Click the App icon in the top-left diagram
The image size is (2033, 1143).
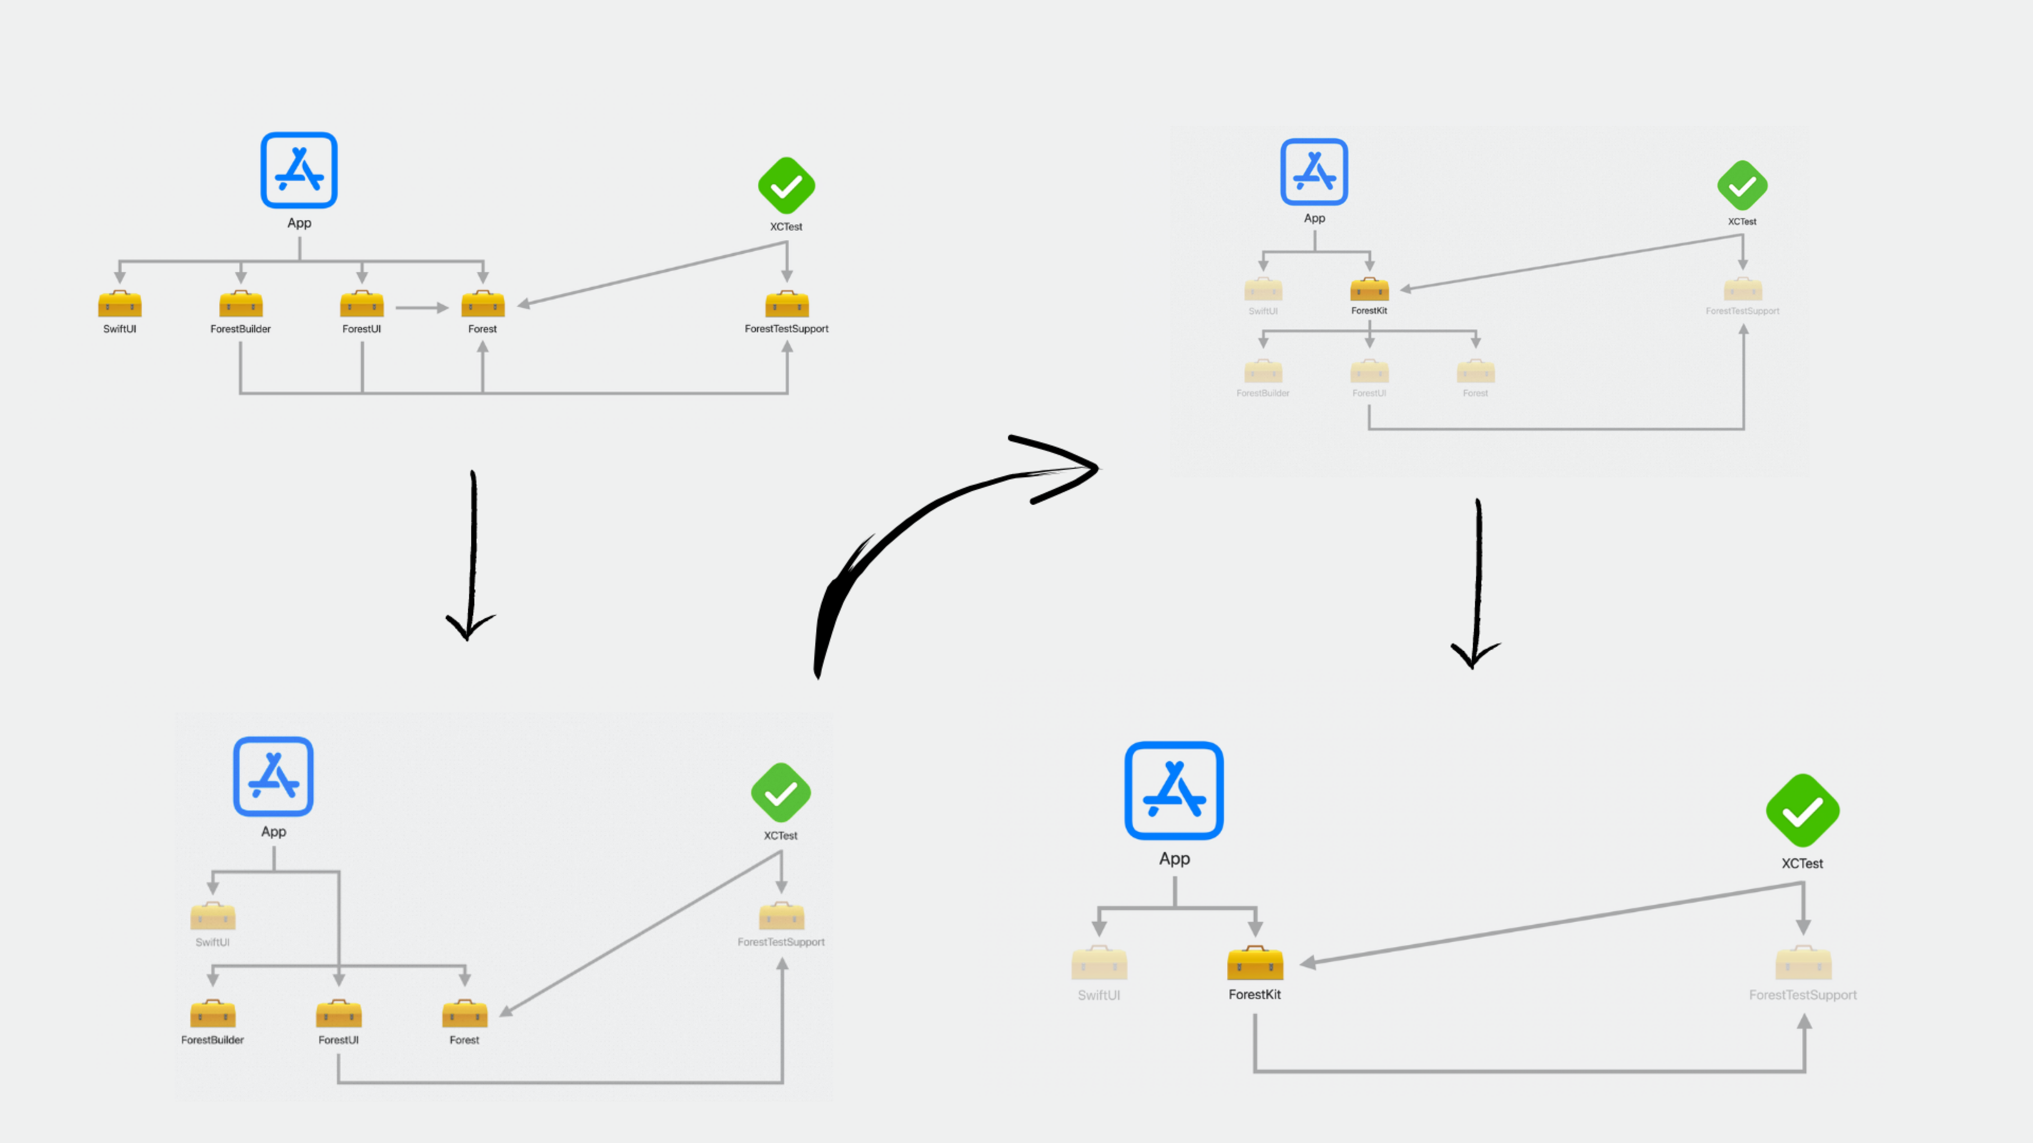tap(299, 170)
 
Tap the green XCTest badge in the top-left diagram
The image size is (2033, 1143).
tap(786, 186)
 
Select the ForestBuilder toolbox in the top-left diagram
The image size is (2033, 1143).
tap(241, 304)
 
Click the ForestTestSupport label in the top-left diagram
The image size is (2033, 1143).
tap(786, 329)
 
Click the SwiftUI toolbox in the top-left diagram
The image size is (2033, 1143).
tap(120, 304)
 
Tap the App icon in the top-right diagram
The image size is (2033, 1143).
tap(1314, 172)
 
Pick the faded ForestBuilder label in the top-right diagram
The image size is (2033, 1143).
tap(1263, 393)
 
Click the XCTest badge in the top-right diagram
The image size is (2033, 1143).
tap(1742, 186)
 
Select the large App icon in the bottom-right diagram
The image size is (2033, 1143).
tap(1174, 791)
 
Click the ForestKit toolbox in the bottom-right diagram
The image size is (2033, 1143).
tap(1255, 963)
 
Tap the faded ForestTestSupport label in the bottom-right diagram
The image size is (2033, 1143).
tap(1803, 995)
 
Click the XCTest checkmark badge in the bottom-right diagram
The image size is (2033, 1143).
tap(1803, 811)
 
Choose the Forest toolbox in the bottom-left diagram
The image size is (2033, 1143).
tap(465, 1014)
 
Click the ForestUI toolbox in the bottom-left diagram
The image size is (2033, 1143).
tap(339, 1014)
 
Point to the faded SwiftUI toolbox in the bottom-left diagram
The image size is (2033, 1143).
tap(213, 917)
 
